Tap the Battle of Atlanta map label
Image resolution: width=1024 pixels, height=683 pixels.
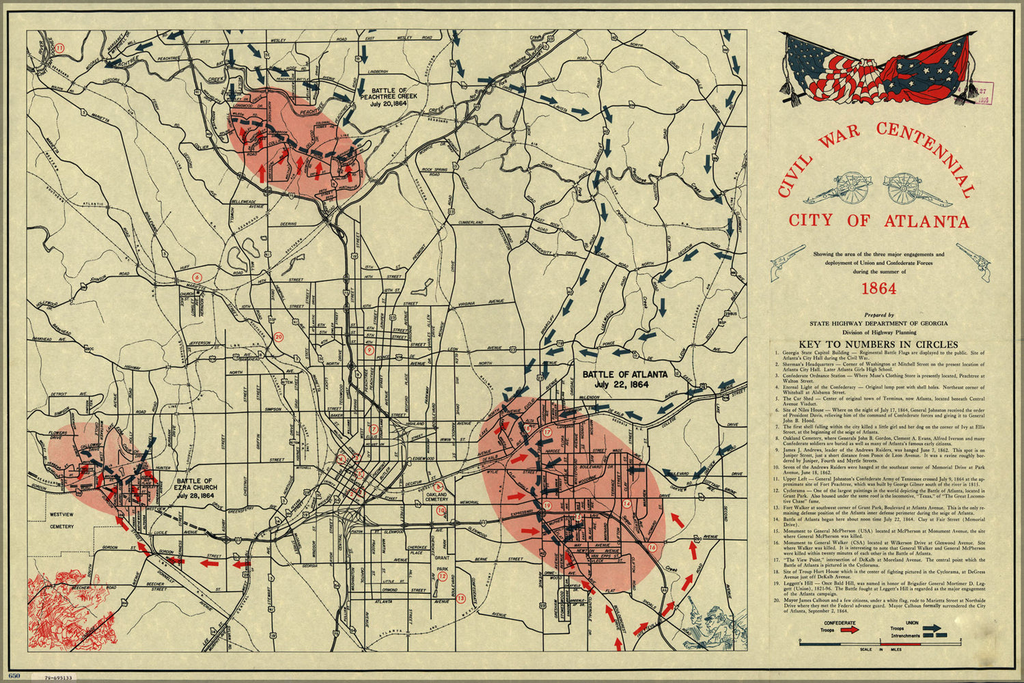coord(635,380)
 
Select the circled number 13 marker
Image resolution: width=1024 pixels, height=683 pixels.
coord(461,599)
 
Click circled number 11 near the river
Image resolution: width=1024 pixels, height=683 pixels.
coord(59,48)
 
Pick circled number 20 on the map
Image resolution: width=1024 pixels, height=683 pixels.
coord(278,336)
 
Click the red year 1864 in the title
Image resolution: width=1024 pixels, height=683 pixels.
coord(878,288)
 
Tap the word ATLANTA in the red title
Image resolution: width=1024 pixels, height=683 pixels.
coord(926,221)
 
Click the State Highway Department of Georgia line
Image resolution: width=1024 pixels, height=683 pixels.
coord(878,323)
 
